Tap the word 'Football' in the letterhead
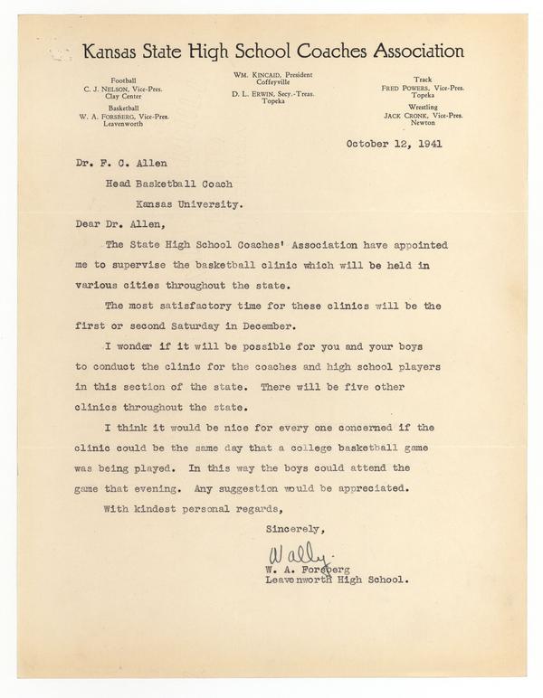[x=126, y=80]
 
